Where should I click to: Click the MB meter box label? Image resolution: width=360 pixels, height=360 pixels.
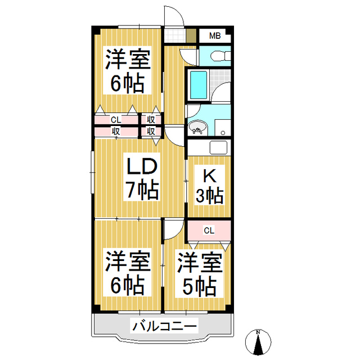(215, 36)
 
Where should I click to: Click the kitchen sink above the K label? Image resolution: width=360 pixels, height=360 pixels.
(218, 148)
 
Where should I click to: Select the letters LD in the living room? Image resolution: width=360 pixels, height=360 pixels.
(141, 168)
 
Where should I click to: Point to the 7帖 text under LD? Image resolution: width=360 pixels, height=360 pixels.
(141, 191)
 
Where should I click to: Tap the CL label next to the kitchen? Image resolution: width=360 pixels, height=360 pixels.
(209, 230)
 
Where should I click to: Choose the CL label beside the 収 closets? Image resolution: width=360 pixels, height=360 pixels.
(115, 120)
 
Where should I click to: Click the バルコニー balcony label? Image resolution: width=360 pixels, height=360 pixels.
(164, 326)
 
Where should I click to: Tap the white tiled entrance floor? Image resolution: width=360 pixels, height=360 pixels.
(175, 36)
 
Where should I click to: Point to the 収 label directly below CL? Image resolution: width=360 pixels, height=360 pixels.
(115, 131)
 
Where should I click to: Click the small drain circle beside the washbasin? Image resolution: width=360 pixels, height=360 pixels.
(223, 133)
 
